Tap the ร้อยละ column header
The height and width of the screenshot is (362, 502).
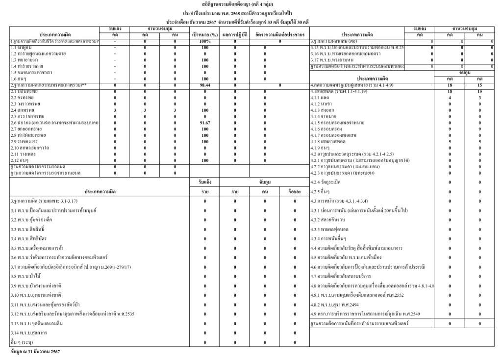click(x=294, y=191)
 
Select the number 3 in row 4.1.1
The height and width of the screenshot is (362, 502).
click(x=480, y=98)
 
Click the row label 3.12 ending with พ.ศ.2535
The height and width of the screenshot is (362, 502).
click(x=73, y=313)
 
